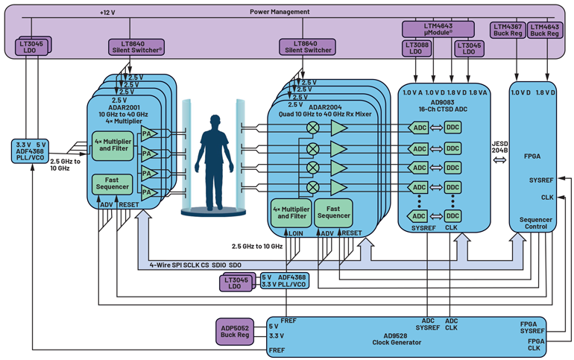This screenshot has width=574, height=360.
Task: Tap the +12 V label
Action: tap(109, 13)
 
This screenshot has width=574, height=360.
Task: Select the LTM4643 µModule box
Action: tap(438, 29)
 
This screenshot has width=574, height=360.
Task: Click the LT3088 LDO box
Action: tap(416, 48)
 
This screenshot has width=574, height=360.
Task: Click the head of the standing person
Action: tap(216, 121)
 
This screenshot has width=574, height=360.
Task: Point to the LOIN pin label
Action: tap(296, 233)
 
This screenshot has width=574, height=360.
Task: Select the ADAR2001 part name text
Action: tap(124, 107)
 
